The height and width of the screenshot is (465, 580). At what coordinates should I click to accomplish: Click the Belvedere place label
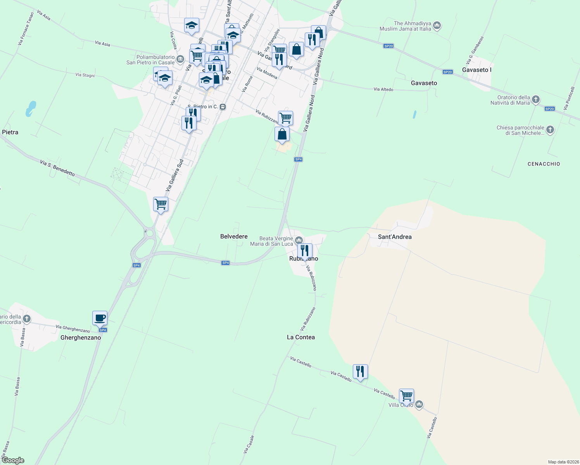click(x=234, y=236)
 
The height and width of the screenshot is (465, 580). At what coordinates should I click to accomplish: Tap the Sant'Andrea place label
click(x=395, y=237)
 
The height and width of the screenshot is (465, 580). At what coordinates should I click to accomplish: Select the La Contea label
click(x=301, y=337)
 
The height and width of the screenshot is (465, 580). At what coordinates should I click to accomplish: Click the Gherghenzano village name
click(x=81, y=338)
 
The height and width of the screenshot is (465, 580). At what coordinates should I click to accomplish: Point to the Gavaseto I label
click(x=477, y=70)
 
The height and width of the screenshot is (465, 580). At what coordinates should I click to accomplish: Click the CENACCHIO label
click(x=544, y=164)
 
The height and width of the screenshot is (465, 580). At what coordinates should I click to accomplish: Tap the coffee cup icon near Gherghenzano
click(x=100, y=318)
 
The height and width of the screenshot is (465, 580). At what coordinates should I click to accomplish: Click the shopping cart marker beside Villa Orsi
click(x=406, y=396)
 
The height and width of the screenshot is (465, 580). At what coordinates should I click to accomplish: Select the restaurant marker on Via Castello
click(x=360, y=372)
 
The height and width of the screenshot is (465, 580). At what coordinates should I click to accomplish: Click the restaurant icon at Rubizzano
click(x=305, y=251)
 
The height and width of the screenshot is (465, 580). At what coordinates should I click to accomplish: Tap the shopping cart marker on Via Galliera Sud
click(x=161, y=204)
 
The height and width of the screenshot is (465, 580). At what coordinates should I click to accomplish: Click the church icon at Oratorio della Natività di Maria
click(x=535, y=100)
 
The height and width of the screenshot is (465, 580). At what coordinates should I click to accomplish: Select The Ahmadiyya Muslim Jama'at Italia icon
click(x=437, y=26)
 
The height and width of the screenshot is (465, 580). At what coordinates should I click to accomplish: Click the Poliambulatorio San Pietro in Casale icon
click(x=180, y=59)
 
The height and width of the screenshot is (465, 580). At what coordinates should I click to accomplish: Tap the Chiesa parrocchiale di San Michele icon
click(x=550, y=130)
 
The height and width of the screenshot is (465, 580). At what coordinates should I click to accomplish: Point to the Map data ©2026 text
click(x=563, y=462)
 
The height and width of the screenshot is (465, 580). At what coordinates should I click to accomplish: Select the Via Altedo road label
click(x=383, y=90)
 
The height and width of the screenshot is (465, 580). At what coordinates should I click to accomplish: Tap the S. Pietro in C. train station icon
click(x=223, y=107)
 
